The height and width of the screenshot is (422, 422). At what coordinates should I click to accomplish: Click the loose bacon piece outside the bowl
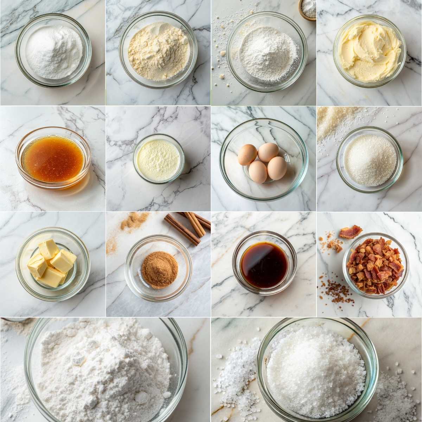[x=350, y=232]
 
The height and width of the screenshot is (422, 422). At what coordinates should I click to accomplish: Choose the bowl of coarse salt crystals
[x=316, y=369]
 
